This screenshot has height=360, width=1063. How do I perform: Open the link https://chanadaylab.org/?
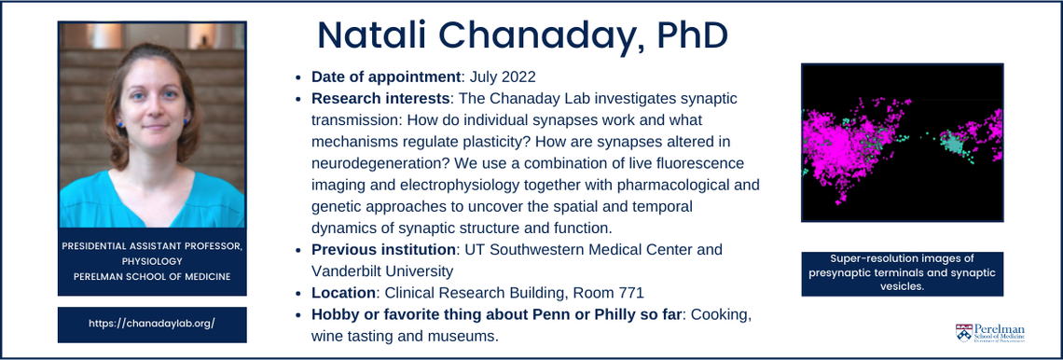152,324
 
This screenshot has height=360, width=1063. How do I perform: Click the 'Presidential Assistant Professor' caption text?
152,246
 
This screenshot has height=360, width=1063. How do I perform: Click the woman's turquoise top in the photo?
152,201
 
